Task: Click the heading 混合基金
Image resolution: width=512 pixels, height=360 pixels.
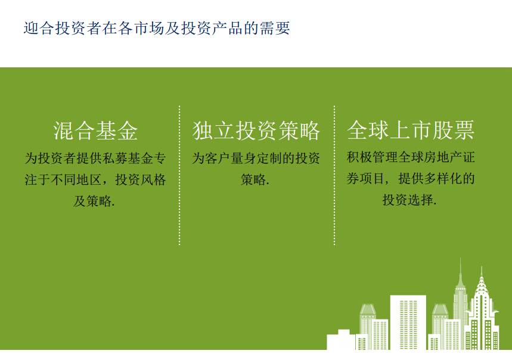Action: tap(95, 131)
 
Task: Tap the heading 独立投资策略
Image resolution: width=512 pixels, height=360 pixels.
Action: tap(256, 131)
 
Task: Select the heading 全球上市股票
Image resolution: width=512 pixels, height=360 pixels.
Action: tap(411, 130)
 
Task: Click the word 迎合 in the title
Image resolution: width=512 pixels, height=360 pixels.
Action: tap(39, 28)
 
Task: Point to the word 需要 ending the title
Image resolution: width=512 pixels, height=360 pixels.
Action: tap(275, 28)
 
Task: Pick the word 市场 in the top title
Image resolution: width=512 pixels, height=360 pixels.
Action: tap(149, 28)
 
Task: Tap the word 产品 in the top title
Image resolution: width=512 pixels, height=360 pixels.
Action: tap(228, 28)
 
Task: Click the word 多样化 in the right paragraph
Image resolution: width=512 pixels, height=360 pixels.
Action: tap(442, 179)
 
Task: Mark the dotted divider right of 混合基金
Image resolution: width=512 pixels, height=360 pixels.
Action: tap(179, 175)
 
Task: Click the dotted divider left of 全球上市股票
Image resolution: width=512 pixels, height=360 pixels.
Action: tap(334, 175)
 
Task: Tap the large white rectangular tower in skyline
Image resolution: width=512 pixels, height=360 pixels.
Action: tap(408, 322)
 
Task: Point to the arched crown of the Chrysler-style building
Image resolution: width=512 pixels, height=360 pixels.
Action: tap(482, 284)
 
